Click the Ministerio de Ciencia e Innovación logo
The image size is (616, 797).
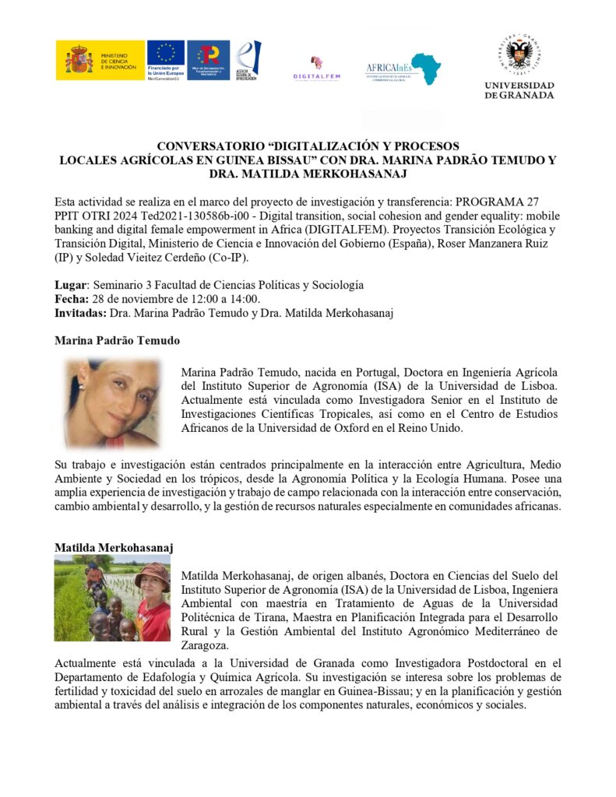click(99, 60)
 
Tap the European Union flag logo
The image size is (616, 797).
click(165, 54)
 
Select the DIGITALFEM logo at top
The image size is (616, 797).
click(316, 67)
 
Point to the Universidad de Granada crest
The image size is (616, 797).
click(519, 54)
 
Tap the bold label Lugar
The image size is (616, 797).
click(70, 285)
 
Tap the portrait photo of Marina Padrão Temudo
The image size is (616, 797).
click(111, 403)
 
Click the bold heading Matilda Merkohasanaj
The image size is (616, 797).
click(114, 548)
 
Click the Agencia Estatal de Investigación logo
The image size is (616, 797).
click(248, 60)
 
